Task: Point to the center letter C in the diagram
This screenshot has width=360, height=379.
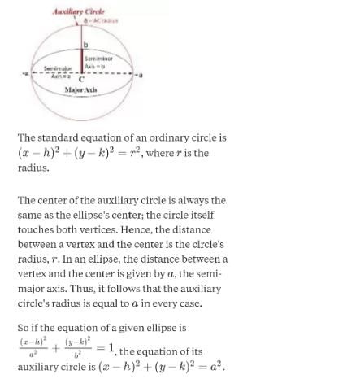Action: (81, 79)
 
